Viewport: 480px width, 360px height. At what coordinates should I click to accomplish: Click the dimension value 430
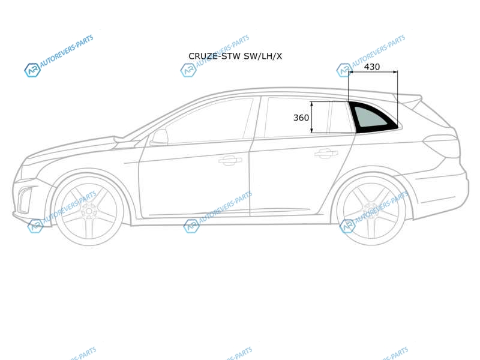tap(372, 67)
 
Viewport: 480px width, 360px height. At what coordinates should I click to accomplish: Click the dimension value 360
tap(301, 118)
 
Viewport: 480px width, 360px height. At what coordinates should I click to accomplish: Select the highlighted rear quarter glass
tap(373, 118)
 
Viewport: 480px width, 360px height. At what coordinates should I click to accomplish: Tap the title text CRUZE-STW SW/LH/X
tap(235, 56)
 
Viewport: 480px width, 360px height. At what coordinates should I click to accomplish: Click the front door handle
tap(230, 160)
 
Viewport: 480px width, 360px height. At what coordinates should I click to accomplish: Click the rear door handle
tap(326, 153)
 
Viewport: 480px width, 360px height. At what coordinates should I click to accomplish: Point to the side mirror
tap(159, 137)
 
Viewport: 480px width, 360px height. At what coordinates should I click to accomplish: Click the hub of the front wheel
tap(89, 211)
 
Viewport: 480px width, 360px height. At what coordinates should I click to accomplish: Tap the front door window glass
tap(208, 121)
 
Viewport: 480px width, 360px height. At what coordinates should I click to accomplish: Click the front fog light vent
tap(25, 199)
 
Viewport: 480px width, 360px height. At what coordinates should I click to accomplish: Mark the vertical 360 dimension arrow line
tap(311, 117)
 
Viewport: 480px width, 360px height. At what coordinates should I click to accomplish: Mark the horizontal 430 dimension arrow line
tap(373, 72)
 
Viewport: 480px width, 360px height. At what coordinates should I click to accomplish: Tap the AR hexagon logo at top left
tap(32, 70)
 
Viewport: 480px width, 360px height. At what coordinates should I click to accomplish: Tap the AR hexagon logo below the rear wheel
tap(347, 227)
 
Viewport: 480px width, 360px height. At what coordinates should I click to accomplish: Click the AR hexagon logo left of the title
tap(188, 70)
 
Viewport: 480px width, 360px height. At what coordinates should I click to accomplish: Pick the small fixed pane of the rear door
tap(340, 118)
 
